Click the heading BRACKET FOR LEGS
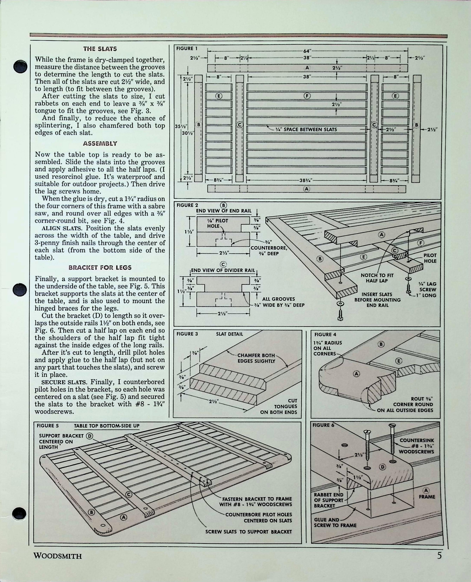coord(100,268)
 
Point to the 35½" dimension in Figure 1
coord(178,126)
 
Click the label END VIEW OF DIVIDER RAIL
coord(223,270)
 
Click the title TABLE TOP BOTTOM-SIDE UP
coord(107,426)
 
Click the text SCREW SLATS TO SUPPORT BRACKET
coord(248,532)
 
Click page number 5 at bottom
coord(439,555)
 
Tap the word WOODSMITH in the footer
coord(58,556)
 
